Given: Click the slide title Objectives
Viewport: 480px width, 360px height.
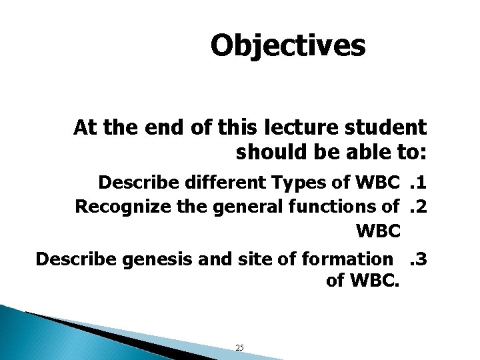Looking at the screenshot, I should coord(288,46).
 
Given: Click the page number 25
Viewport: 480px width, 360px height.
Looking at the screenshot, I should coord(240,347).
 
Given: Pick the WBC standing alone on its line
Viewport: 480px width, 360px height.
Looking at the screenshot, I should coord(378,232).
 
